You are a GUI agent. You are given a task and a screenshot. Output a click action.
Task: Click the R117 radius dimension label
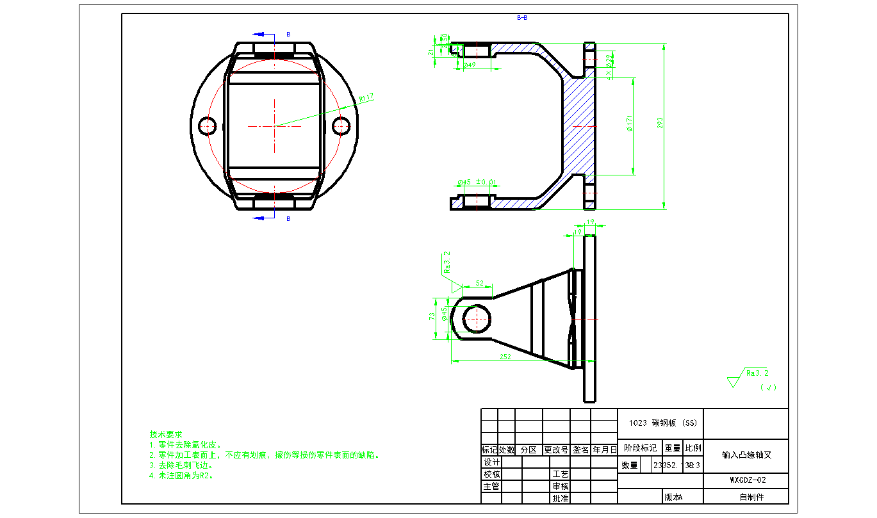(366, 98)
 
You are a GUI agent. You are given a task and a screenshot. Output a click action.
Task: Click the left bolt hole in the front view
(207, 126)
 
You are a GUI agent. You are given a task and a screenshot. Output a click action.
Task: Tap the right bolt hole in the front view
(341, 126)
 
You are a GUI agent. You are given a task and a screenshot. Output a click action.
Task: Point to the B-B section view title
(522, 18)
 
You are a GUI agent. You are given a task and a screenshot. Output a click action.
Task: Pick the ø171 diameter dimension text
(630, 124)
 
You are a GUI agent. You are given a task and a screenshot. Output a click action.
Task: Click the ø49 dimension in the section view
(469, 65)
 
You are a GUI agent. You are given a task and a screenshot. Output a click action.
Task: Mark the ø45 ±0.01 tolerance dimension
(477, 182)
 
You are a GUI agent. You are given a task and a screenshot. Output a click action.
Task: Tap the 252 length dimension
(505, 357)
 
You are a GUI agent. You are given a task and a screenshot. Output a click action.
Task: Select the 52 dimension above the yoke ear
(480, 282)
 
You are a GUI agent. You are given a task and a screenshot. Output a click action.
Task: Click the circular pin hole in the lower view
(475, 318)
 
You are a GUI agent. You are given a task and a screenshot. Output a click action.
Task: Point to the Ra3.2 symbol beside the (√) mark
(756, 373)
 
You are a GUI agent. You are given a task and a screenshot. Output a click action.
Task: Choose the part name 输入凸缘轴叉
(746, 455)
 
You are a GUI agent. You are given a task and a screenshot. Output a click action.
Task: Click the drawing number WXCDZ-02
(748, 480)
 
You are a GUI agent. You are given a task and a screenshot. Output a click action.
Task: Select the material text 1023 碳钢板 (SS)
(660, 423)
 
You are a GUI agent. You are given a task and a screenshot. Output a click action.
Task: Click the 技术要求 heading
(165, 434)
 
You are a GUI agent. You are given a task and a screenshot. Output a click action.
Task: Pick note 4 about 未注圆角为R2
(181, 476)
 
